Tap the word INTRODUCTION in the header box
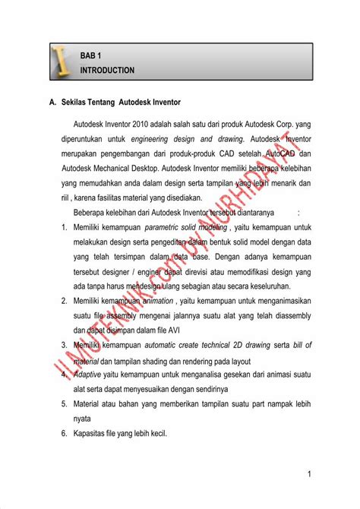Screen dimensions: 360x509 point(107,70)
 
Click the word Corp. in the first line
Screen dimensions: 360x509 point(285,123)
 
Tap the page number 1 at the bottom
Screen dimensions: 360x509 point(310,475)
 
